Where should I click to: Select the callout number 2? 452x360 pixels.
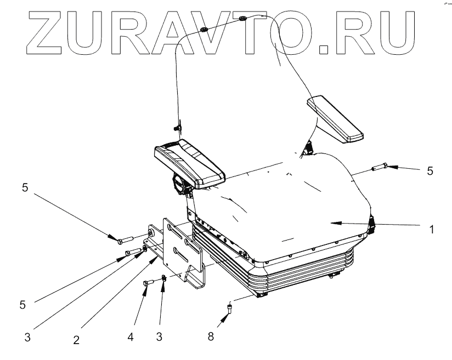coord(77,340)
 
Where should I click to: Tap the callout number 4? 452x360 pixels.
coord(131,335)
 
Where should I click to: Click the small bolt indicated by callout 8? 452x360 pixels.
coord(229,311)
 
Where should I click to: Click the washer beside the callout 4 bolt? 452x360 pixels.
coord(163,279)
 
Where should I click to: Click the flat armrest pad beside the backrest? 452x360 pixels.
coord(335,119)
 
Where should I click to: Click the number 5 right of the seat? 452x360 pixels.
coord(431,171)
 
